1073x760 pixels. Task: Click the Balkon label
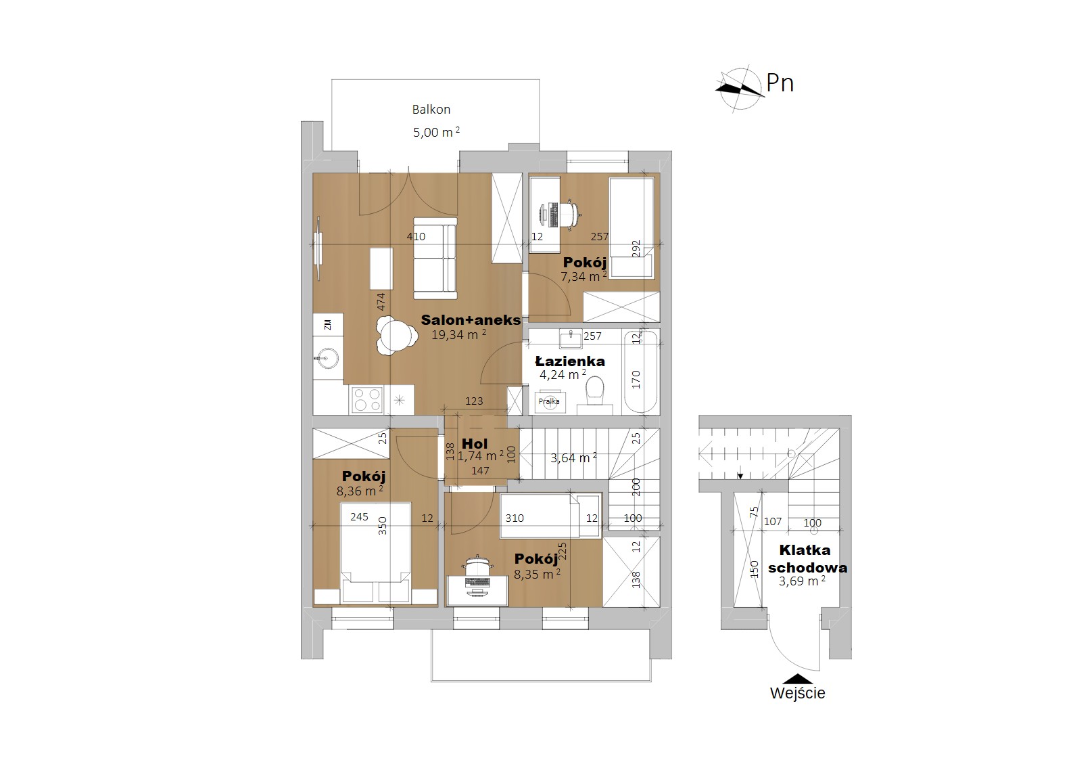431,110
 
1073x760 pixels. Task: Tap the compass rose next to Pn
740,89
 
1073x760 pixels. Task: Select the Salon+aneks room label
471,320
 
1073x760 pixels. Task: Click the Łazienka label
570,361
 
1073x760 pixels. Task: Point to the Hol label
475,443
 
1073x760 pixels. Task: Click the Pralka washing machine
549,402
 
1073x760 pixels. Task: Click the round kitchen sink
328,358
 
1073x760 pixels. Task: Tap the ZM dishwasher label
328,325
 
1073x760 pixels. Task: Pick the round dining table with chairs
394,335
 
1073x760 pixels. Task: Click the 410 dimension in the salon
416,236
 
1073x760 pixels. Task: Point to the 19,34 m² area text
458,334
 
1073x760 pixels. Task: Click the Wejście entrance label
798,693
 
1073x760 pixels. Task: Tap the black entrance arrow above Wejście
798,679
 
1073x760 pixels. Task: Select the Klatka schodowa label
808,558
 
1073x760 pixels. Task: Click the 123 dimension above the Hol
474,401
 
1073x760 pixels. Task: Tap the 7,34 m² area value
583,276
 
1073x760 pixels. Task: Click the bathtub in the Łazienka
640,371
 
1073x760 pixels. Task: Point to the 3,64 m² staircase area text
573,457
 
